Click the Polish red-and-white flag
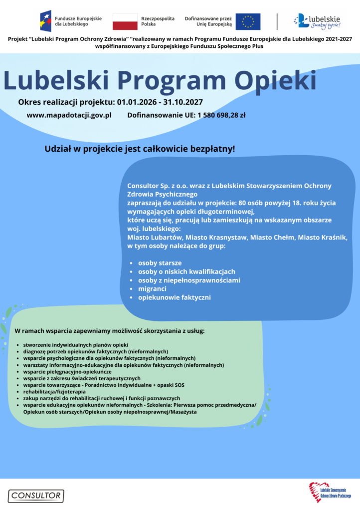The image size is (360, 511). point(125,21)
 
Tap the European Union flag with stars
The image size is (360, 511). point(248,21)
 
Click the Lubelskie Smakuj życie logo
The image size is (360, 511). point(317,21)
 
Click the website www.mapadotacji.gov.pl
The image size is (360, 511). point(69,115)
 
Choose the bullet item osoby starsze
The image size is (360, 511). point(160,262)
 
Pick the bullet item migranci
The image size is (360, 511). point(152,288)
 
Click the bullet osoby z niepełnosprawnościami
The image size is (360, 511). point(189,280)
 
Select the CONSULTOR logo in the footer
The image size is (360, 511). point(35,496)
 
